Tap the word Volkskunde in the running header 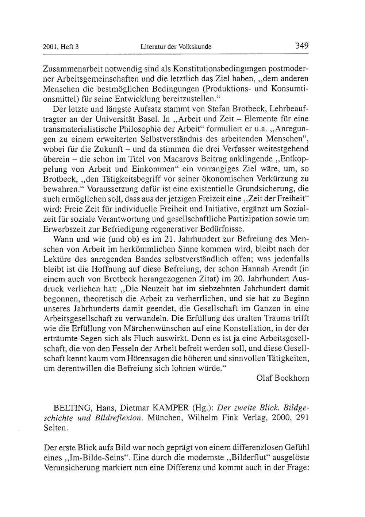pos(195,47)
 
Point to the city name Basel pos(147,119)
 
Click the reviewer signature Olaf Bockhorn pos(283,378)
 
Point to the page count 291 pos(303,418)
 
